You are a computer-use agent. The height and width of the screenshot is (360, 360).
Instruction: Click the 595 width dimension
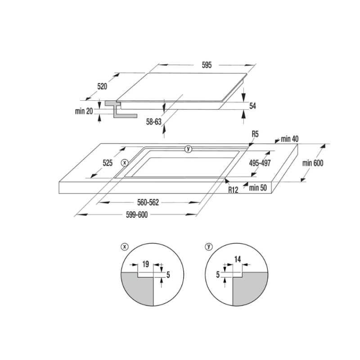click(x=207, y=65)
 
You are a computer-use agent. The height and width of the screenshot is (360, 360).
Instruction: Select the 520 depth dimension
click(x=102, y=87)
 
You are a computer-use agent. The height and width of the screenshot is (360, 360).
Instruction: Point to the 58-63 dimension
click(x=153, y=121)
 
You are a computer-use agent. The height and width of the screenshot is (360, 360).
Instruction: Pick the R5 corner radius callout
click(x=255, y=134)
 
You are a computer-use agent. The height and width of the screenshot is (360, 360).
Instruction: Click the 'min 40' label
click(x=289, y=139)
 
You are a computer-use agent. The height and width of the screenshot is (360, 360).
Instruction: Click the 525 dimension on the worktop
click(x=107, y=163)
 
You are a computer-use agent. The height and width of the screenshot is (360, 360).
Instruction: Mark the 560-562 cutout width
click(x=149, y=202)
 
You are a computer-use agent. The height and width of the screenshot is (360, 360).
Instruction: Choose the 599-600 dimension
click(x=137, y=215)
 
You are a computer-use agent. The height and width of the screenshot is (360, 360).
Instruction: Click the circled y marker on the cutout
click(x=188, y=149)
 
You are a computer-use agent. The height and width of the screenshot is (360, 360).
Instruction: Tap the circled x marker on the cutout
click(x=125, y=162)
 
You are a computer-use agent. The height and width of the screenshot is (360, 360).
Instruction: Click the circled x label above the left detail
click(x=125, y=246)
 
